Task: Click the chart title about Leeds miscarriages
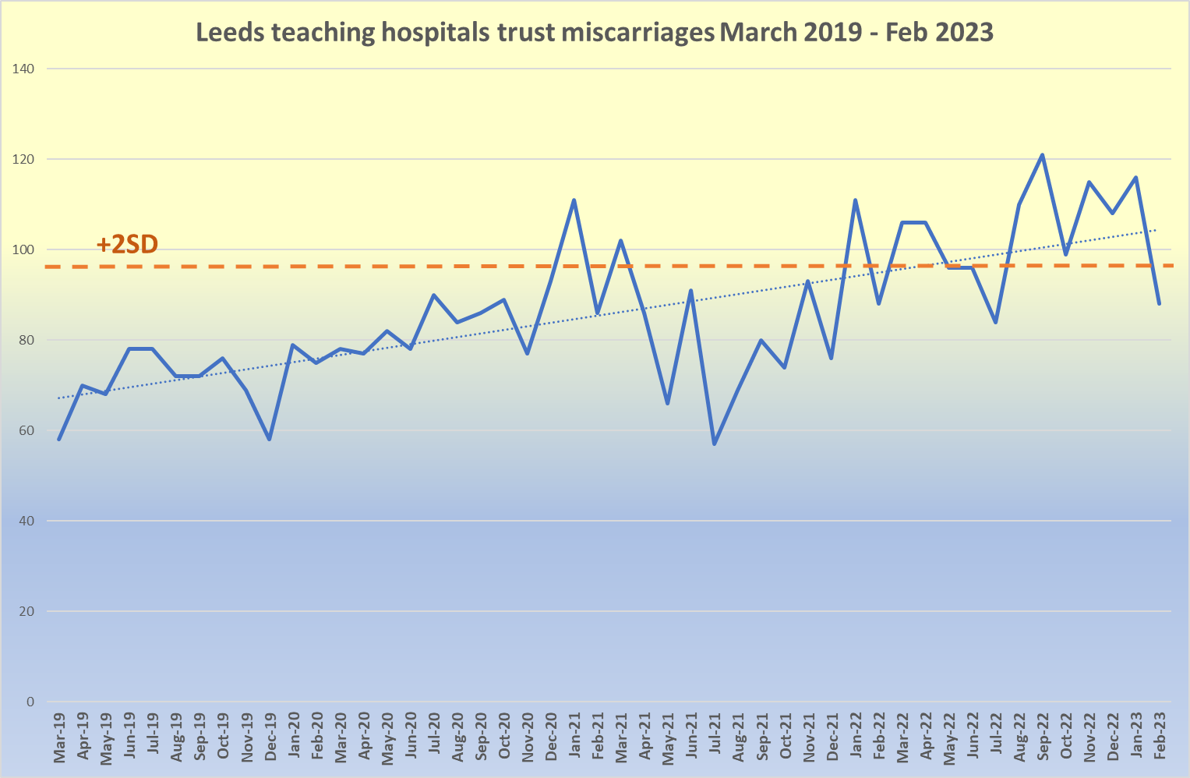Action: tap(595, 33)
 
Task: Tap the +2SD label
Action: tap(127, 245)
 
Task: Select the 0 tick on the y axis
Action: tap(30, 702)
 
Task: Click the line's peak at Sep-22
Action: tap(1043, 155)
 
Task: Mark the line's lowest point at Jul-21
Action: tap(715, 444)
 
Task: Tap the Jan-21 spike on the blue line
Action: tap(574, 200)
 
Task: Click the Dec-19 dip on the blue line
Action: tap(270, 439)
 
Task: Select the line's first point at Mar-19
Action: tap(59, 439)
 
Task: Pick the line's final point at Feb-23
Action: tap(1160, 303)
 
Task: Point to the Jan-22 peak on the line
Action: tap(855, 200)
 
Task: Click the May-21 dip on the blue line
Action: tap(668, 403)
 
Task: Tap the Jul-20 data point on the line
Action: tap(433, 295)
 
